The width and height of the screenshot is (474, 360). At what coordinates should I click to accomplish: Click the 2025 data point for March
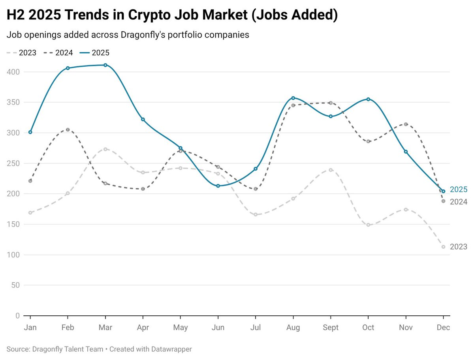(x=105, y=65)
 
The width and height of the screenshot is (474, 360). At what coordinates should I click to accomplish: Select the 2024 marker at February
(x=68, y=130)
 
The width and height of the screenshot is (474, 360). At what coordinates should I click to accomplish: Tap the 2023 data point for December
(x=443, y=247)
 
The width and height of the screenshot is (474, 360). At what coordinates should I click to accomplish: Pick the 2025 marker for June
(x=218, y=186)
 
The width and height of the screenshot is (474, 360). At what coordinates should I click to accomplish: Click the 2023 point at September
(x=331, y=170)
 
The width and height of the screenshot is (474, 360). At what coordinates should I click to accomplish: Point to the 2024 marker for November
(x=406, y=124)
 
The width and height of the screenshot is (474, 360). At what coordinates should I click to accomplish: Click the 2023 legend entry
(x=22, y=53)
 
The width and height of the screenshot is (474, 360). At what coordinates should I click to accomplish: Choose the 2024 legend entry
(x=58, y=53)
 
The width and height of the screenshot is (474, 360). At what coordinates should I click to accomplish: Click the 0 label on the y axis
(x=17, y=316)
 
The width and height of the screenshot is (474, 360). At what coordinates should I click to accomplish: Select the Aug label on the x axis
(x=293, y=328)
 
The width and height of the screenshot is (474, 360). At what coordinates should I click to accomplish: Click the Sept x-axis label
(x=331, y=328)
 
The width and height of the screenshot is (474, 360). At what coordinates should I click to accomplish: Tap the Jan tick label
(x=30, y=328)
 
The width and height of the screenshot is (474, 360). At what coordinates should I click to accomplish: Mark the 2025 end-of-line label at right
(x=459, y=189)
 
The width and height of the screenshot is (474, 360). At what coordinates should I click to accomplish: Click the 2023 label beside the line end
(x=459, y=247)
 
